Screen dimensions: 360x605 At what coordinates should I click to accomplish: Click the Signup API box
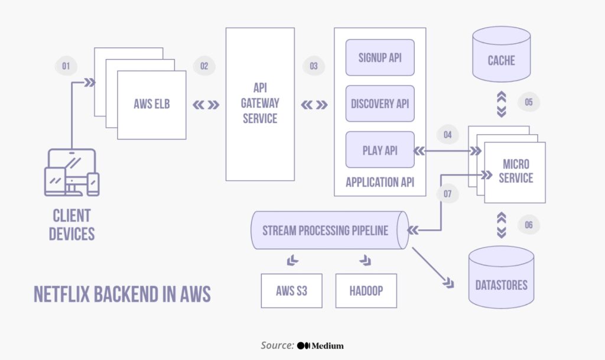(x=380, y=57)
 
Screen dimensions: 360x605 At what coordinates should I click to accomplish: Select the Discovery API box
(x=380, y=103)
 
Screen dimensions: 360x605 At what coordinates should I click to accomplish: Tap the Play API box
(x=380, y=150)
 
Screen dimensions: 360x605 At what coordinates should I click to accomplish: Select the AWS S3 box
(x=292, y=291)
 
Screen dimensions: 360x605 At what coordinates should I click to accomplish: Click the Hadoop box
(x=365, y=291)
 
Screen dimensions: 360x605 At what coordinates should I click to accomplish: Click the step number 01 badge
(x=66, y=66)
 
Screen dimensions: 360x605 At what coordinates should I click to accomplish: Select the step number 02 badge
(x=204, y=66)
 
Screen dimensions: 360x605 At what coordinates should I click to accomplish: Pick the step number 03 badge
(x=313, y=66)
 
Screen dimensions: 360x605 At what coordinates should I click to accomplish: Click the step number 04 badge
(x=447, y=135)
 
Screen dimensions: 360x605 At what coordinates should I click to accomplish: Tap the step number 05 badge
(x=528, y=102)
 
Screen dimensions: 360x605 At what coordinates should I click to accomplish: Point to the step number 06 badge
(x=528, y=225)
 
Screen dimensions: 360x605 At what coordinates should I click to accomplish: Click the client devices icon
(x=71, y=172)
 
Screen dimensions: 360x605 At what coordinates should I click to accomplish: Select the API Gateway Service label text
(x=260, y=103)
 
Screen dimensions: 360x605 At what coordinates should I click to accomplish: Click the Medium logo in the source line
(x=320, y=345)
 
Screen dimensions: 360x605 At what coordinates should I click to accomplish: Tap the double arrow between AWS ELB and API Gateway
(x=206, y=105)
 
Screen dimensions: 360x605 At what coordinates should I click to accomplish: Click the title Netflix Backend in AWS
(x=122, y=294)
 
